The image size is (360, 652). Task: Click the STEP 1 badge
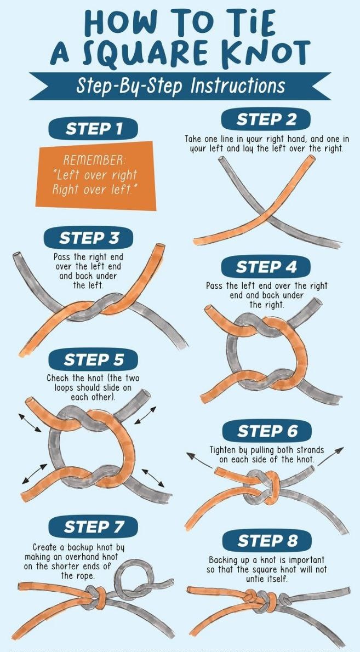pos(93,129)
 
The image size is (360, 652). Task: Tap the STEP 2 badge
pos(266,119)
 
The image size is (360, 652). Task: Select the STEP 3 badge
pos(89,238)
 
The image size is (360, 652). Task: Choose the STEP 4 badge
pos(266,267)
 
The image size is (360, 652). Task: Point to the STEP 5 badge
pos(93,359)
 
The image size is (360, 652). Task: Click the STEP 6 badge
pos(267,431)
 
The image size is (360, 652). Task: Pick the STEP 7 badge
pos(93,527)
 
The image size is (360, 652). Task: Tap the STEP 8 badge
pos(267,541)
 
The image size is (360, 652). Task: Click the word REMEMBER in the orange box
pos(94,161)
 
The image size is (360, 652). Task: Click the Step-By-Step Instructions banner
pos(180,86)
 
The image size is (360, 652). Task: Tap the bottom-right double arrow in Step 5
pos(153,478)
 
